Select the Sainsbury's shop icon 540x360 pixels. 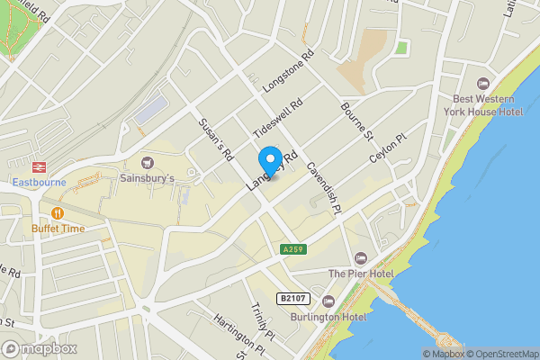(148, 162)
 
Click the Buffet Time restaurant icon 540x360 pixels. (58, 213)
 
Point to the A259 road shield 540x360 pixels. (291, 249)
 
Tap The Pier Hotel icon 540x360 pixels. (361, 258)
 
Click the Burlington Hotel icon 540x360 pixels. (328, 301)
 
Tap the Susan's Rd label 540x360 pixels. (217, 136)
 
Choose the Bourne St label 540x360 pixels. (356, 121)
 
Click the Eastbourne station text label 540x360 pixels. (40, 183)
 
